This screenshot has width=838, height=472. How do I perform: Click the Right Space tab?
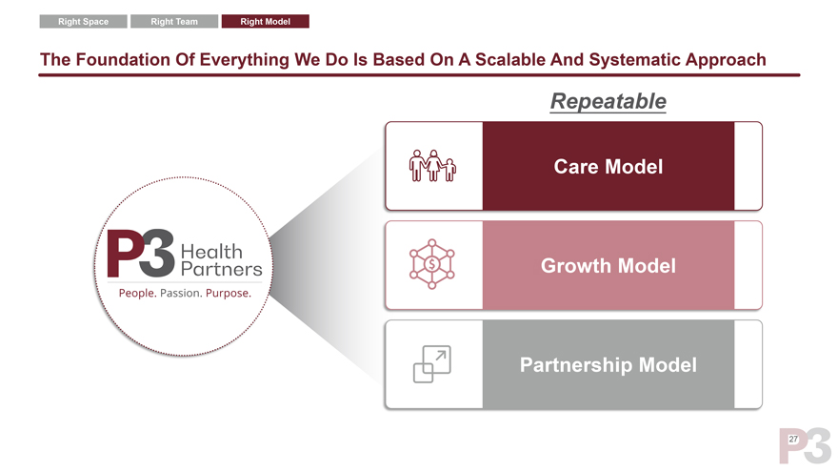click(83, 22)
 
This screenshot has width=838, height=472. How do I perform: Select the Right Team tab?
click(174, 22)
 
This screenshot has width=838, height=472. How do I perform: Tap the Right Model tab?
click(265, 22)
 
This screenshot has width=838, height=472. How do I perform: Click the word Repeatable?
click(608, 101)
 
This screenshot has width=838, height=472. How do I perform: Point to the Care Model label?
click(608, 166)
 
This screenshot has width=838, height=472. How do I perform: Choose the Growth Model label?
click(608, 265)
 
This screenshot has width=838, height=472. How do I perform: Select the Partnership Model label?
click(608, 364)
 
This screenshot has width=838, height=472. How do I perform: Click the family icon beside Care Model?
click(432, 166)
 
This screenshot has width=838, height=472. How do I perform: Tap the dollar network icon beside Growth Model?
click(432, 264)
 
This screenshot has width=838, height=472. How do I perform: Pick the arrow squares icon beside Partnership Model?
click(432, 364)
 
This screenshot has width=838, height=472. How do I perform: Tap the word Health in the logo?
click(211, 250)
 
